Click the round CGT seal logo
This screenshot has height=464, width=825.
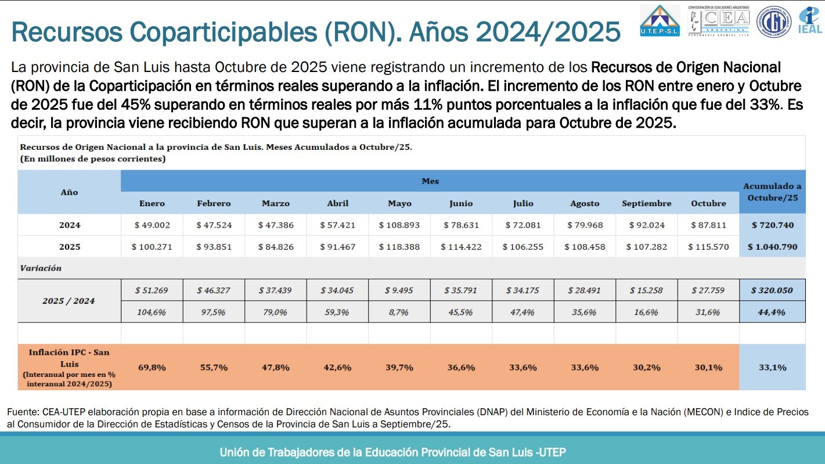pos(773,21)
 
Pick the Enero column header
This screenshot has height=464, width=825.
pos(152,203)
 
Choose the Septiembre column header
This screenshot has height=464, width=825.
pos(646,203)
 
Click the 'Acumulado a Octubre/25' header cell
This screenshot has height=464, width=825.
pos(772,192)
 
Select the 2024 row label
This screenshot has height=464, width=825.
pos(70,225)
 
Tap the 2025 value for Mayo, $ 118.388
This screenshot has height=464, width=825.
pos(399,247)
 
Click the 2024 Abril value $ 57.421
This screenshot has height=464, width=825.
pos(337,225)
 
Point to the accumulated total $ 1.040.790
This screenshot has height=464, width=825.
pos(772,247)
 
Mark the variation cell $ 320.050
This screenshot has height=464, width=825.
pos(772,290)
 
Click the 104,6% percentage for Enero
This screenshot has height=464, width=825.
pos(152,312)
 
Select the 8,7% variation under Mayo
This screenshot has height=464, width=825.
pos(399,312)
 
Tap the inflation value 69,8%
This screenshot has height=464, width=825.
pos(152,367)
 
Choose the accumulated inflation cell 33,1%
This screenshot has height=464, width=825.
pos(772,367)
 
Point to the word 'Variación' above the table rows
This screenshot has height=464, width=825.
pos(41,268)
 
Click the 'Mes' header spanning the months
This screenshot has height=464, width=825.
pos(430,181)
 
